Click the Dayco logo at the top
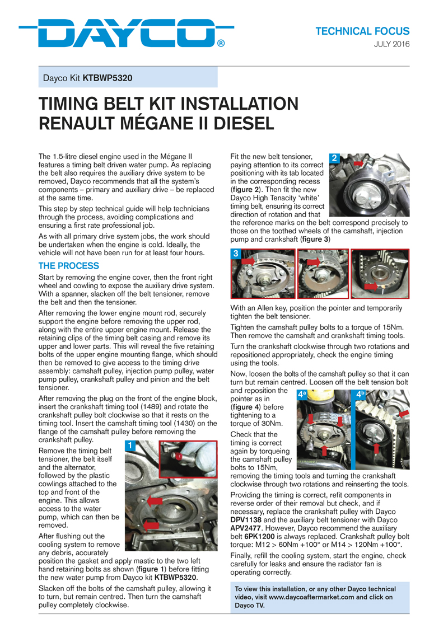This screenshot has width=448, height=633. coord(126,34)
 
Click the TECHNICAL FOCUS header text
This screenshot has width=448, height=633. coord(363,31)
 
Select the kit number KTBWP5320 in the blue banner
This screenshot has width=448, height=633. coord(108,78)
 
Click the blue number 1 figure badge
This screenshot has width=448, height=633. coord(129,446)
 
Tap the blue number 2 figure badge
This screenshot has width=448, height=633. coord(334,158)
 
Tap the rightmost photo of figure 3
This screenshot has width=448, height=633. coord(381,274)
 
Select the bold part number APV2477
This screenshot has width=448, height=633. coord(246,528)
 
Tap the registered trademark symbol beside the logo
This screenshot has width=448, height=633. coord(221,43)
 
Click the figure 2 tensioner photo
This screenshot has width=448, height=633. coord(369,185)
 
